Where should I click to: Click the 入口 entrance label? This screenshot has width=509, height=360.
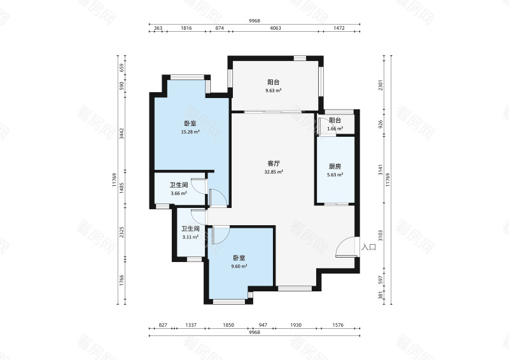[369, 247]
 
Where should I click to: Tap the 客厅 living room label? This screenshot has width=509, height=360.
[274, 163]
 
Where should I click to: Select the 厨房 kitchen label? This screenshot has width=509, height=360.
[335, 167]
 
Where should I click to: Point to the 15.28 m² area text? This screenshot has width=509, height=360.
[190, 132]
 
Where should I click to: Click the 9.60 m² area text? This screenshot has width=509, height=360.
[239, 267]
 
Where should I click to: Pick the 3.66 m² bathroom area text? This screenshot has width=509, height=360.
[179, 193]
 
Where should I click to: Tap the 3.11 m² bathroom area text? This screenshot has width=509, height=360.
[190, 237]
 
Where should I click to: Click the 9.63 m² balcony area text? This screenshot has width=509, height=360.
[274, 90]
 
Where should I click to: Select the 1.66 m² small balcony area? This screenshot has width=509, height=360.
[335, 128]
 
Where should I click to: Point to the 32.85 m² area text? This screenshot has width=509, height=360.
[274, 172]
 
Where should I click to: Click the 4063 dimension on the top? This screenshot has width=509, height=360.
[275, 28]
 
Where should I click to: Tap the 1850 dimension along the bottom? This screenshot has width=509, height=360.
[228, 325]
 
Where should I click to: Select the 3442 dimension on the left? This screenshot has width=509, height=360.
[122, 134]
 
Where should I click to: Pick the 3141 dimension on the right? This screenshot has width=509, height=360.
[380, 170]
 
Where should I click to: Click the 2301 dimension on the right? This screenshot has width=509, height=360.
[380, 85]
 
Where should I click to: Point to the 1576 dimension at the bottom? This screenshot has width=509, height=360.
[338, 325]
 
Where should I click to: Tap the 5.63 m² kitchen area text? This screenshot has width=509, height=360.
[335, 175]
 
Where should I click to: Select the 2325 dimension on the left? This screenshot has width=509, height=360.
[122, 232]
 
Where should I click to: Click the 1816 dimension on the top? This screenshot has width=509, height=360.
[186, 28]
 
